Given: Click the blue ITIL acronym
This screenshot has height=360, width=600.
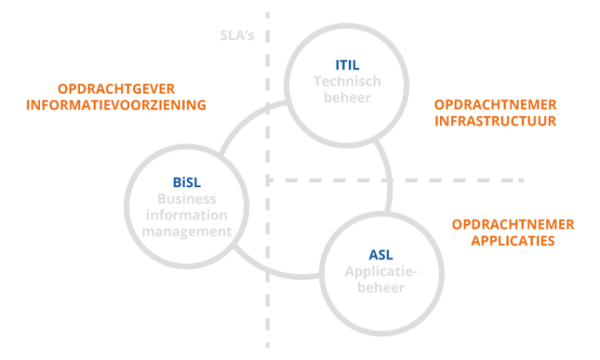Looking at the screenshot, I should tap(346, 65).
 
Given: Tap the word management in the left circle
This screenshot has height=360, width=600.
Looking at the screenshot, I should tap(186, 231).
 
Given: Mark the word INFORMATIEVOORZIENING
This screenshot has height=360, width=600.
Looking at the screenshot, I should tap(117, 106).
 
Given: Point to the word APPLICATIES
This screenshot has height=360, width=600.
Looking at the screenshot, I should tap(513, 242).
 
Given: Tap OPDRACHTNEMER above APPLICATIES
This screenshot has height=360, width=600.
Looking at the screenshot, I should tap(513, 225).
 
